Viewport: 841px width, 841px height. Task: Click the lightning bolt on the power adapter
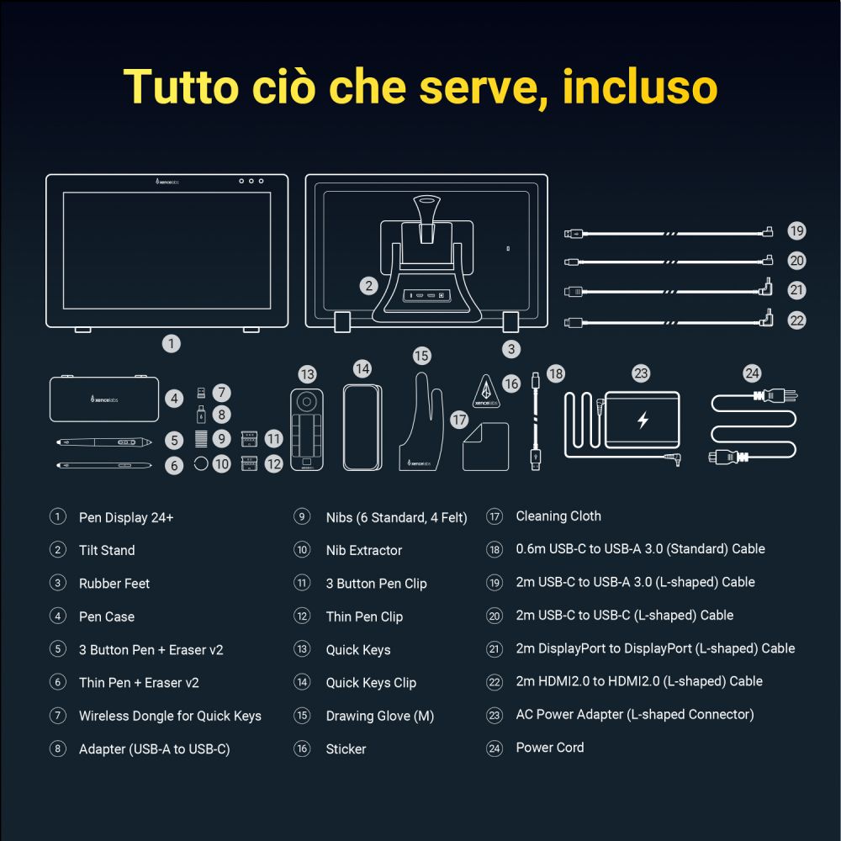click(643, 420)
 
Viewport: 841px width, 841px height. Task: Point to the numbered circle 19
click(796, 230)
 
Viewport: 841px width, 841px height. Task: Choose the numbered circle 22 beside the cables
click(796, 320)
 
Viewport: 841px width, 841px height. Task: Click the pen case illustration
click(104, 398)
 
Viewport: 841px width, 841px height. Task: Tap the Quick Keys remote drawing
click(307, 429)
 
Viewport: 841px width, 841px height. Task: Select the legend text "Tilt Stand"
click(107, 550)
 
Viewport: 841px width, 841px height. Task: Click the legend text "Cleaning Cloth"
click(558, 516)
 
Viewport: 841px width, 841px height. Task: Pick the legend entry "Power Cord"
click(550, 747)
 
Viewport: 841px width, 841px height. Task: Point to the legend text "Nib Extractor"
click(364, 550)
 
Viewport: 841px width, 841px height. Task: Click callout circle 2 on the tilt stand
click(368, 286)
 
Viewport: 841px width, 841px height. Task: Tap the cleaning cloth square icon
click(485, 447)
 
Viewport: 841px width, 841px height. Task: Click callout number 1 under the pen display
click(171, 343)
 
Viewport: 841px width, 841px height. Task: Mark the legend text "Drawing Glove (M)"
click(380, 716)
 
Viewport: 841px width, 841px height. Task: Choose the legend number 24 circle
click(495, 748)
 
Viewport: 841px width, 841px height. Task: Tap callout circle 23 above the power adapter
click(641, 373)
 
